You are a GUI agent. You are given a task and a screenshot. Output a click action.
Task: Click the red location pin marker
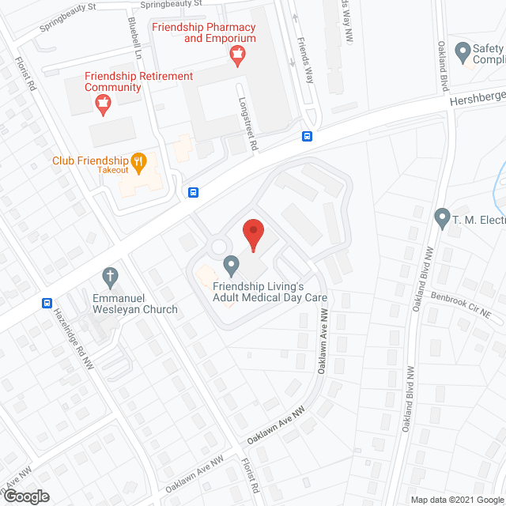point(252,232)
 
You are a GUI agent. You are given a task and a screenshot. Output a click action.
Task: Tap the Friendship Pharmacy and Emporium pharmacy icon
point(236,55)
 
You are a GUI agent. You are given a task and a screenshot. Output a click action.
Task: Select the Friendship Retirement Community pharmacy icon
point(102,101)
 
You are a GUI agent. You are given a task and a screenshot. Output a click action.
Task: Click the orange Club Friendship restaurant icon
point(138,160)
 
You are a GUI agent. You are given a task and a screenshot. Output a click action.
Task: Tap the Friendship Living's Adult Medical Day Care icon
point(231,263)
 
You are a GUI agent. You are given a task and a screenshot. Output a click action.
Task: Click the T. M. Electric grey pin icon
point(442,215)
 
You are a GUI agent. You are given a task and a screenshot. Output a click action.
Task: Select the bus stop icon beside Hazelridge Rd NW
point(47,303)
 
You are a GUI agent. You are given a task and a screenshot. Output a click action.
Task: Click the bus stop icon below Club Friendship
point(193,192)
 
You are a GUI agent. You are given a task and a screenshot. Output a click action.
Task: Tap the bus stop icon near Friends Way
point(307,136)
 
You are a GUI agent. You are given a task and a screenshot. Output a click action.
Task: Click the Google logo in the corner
point(25,496)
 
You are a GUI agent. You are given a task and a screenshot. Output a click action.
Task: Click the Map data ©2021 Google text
point(456,500)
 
